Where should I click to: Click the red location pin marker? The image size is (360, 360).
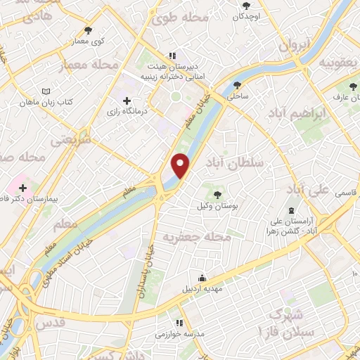[181, 165]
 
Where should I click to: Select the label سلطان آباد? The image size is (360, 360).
[233, 162]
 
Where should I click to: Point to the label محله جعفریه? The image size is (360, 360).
[197, 238]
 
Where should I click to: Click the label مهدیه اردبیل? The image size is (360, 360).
[202, 288]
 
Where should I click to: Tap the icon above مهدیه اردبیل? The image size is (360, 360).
[202, 277]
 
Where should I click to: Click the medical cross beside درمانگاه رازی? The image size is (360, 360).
[127, 101]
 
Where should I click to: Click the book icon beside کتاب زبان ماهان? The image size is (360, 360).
[46, 92]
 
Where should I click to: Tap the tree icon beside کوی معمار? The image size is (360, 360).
[88, 30]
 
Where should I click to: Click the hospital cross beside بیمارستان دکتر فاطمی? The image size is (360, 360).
[23, 188]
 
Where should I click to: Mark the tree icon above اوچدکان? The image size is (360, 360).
[245, 6]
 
